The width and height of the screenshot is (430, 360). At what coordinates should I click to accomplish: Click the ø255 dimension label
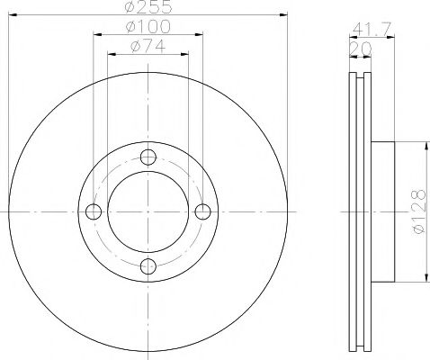[148, 7]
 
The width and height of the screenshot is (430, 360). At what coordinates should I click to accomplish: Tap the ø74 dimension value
[148, 47]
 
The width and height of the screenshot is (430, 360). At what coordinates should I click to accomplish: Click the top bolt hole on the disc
[148, 156]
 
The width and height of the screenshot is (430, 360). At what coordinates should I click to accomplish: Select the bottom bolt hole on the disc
[148, 265]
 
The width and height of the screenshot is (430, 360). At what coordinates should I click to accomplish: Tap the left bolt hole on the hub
[93, 211]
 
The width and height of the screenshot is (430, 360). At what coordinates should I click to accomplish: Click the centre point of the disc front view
[148, 211]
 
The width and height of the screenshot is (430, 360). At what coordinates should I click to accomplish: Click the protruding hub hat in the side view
[383, 211]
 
